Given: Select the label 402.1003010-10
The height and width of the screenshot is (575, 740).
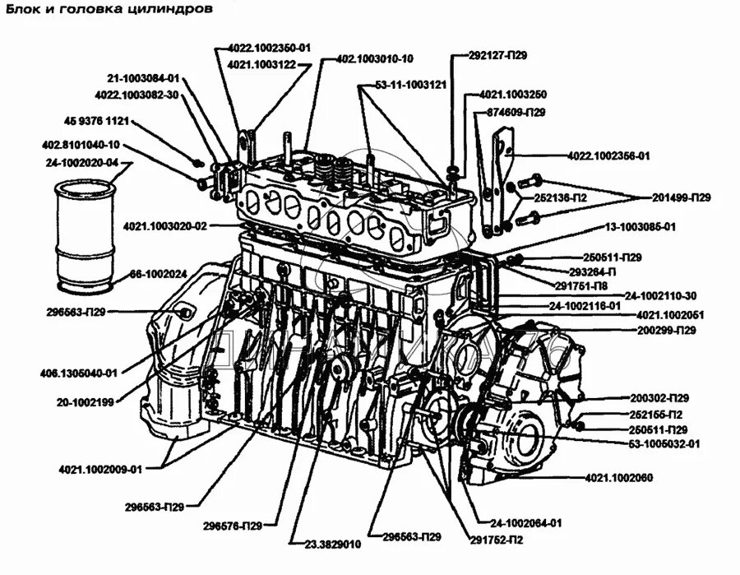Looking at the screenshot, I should [x=375, y=58].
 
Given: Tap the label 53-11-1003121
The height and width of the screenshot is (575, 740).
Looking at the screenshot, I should [x=410, y=84].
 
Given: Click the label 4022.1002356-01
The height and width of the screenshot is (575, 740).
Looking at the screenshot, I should [x=608, y=155].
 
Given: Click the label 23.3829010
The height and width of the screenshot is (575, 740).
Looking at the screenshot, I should [x=332, y=544].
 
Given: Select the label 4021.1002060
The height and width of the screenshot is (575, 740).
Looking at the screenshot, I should [x=619, y=477].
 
